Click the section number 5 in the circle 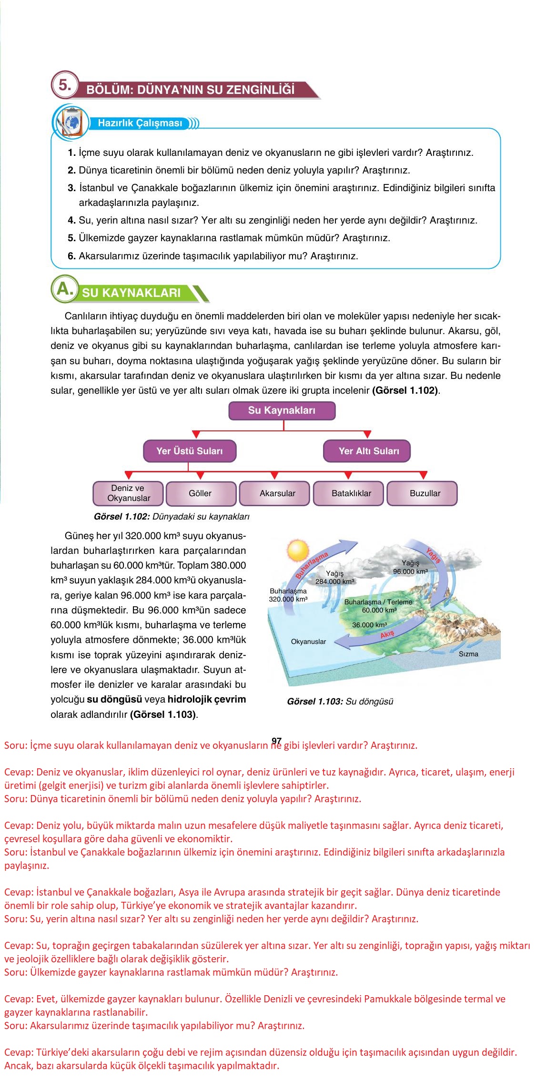[x=64, y=86]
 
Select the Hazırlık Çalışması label [x=140, y=123]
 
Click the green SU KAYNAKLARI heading [x=132, y=293]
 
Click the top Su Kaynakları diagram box [x=282, y=410]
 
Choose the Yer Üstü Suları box [x=189, y=451]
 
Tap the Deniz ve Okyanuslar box [x=128, y=493]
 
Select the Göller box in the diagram [x=200, y=493]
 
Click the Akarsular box [x=277, y=493]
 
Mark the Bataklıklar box [x=351, y=493]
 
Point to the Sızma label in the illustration [x=468, y=654]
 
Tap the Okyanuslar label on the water [x=308, y=642]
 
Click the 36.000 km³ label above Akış [x=369, y=625]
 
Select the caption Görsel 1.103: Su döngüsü [x=340, y=702]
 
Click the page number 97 [x=276, y=741]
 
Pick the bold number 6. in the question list [x=71, y=256]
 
